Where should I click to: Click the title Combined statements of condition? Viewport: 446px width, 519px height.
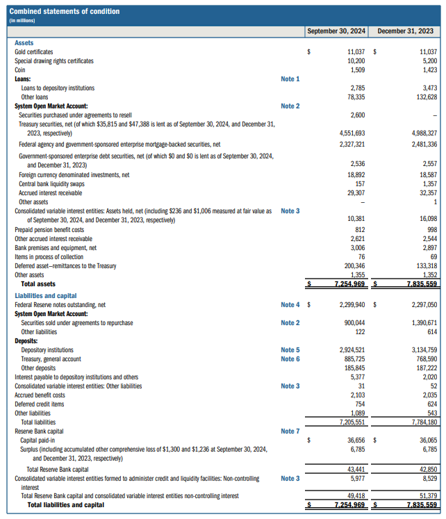(x=65, y=11)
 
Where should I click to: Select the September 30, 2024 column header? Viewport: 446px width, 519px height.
(x=336, y=31)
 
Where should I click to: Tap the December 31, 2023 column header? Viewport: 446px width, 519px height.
(x=405, y=31)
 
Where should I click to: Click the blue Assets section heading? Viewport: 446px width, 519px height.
(x=24, y=43)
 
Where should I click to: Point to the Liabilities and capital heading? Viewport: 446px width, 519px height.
(x=46, y=295)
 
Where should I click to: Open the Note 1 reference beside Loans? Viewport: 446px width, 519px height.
(x=290, y=79)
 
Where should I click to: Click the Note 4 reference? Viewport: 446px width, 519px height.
(x=290, y=304)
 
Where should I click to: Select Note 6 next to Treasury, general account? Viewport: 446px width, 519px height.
(x=290, y=359)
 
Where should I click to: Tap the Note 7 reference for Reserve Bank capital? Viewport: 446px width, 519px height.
(x=290, y=431)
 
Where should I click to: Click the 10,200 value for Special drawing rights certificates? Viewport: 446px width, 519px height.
(x=356, y=61)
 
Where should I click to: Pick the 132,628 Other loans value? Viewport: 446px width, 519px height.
(x=427, y=97)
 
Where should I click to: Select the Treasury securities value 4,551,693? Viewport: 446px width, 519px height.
(x=352, y=133)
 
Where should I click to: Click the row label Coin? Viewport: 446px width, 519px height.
(x=20, y=70)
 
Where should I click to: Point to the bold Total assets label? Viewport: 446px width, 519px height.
(x=38, y=284)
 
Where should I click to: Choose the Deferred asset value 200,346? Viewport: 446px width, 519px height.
(x=355, y=266)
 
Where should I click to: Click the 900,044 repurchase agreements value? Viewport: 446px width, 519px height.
(x=355, y=322)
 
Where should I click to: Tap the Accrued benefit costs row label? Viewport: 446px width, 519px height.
(x=40, y=395)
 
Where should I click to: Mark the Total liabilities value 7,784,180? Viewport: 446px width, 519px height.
(x=424, y=422)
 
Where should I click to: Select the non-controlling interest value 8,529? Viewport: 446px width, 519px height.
(x=430, y=478)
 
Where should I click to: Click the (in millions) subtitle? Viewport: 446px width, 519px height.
(x=22, y=21)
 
